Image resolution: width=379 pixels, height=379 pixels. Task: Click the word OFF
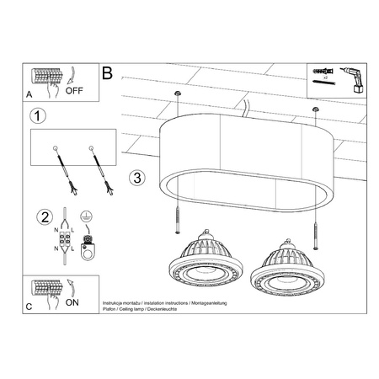[74, 88]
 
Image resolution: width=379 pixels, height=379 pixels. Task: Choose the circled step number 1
[34, 115]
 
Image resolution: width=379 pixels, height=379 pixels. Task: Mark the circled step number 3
[138, 179]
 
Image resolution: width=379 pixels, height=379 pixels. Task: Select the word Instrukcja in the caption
[116, 301]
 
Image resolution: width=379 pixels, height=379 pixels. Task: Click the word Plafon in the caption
[110, 307]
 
